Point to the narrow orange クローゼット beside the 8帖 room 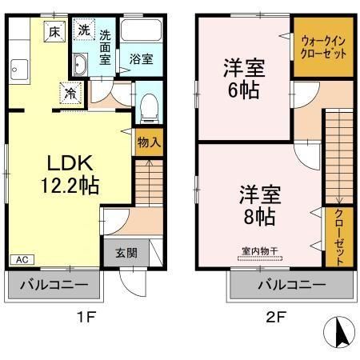point(338,237)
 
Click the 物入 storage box point(148,143)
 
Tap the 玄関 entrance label point(126,253)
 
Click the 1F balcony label point(55,286)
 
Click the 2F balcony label point(291,286)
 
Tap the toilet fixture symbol point(148,105)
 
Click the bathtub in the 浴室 point(142,34)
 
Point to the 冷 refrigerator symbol point(70,93)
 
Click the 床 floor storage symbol point(54,32)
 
